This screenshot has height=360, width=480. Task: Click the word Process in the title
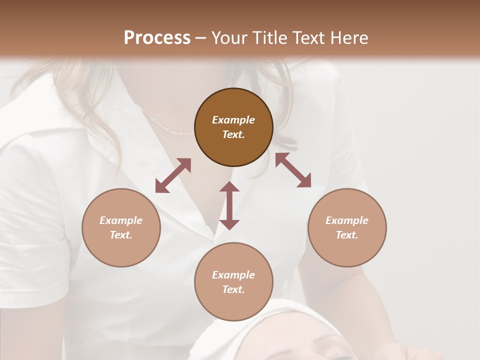pyautogui.click(x=157, y=37)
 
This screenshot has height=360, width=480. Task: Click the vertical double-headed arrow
pyautogui.click(x=229, y=205)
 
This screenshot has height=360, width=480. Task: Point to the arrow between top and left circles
pyautogui.click(x=173, y=175)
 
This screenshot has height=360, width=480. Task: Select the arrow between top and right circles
pyautogui.click(x=293, y=170)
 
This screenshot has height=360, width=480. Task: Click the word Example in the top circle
pyautogui.click(x=233, y=120)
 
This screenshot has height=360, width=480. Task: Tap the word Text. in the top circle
pyautogui.click(x=233, y=134)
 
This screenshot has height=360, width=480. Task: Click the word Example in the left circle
pyautogui.click(x=121, y=220)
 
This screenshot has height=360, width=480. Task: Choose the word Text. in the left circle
pyautogui.click(x=121, y=235)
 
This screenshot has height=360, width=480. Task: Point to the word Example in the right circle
pyautogui.click(x=347, y=220)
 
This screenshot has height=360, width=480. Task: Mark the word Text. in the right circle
pyautogui.click(x=347, y=235)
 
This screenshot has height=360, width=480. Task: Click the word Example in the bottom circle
pyautogui.click(x=233, y=275)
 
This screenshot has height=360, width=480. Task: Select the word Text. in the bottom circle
pyautogui.click(x=233, y=289)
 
